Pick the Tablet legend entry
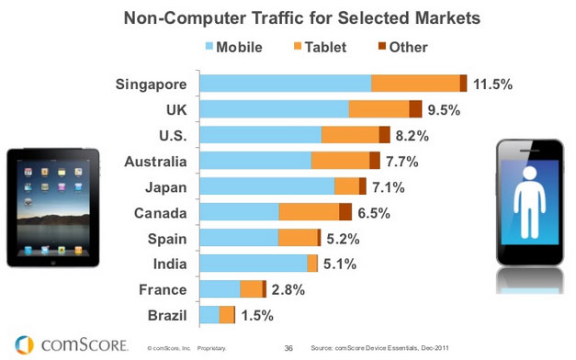[x=318, y=46]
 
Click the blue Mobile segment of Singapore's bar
[x=285, y=84]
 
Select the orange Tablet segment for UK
[x=378, y=109]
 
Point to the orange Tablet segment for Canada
[x=309, y=212]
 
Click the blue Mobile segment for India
[x=253, y=264]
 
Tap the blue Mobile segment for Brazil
[x=209, y=315]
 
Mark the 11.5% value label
[x=492, y=84]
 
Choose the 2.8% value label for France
[x=287, y=289]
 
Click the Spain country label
[x=167, y=238]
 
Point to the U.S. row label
[x=171, y=135]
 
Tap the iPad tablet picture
[x=53, y=206]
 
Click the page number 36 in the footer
[x=288, y=348]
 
